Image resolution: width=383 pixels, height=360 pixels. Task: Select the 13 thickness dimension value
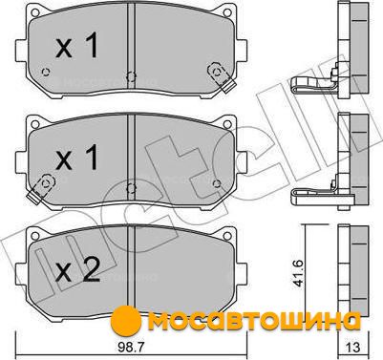pyautogui.click(x=351, y=347)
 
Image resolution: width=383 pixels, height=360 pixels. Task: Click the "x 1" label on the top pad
pyautogui.click(x=76, y=46)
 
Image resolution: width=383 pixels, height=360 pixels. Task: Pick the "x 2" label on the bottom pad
pyautogui.click(x=77, y=269)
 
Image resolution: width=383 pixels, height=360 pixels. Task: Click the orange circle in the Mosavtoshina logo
pyautogui.click(x=127, y=320)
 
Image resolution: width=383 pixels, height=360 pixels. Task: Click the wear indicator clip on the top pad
pyautogui.click(x=222, y=77)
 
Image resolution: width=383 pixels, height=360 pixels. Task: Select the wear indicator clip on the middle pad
pyautogui.click(x=41, y=188)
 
